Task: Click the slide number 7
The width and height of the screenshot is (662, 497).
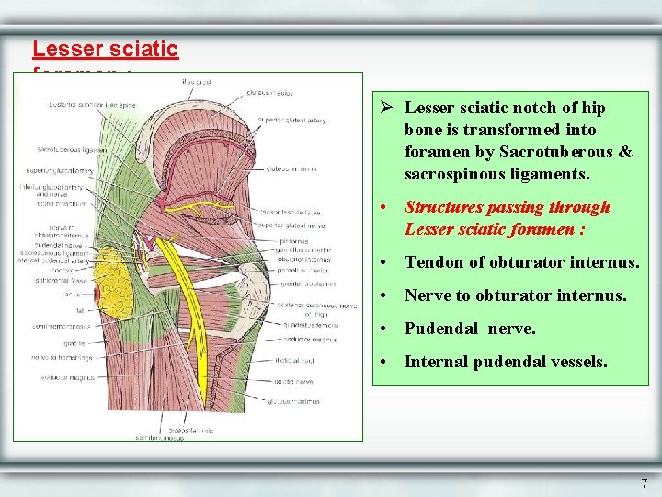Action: coord(644,483)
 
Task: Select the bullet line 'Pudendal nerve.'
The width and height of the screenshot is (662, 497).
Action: coord(470,329)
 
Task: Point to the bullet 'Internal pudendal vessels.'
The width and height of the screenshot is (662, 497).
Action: coord(506,362)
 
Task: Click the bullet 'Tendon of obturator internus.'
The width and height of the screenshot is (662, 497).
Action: coord(522,262)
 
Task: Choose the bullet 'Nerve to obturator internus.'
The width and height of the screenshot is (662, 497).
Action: coord(515,295)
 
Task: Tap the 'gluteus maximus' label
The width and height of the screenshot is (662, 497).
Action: coord(294,401)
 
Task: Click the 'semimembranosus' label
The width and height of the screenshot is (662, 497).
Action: coord(60,325)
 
